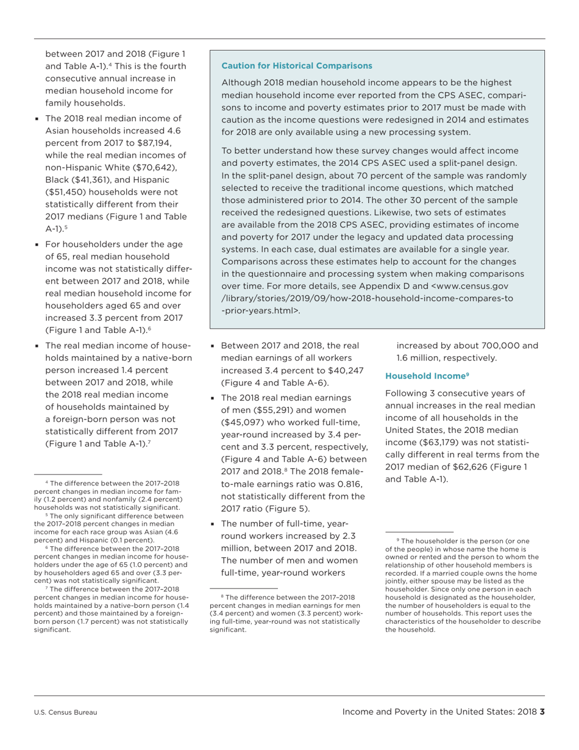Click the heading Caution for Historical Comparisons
pyautogui.click(x=296, y=65)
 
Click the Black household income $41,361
pyautogui.click(x=95, y=180)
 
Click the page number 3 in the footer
pyautogui.click(x=542, y=712)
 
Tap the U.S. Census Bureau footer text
pyautogui.click(x=65, y=712)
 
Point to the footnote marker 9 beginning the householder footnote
pyautogui.click(x=398, y=540)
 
